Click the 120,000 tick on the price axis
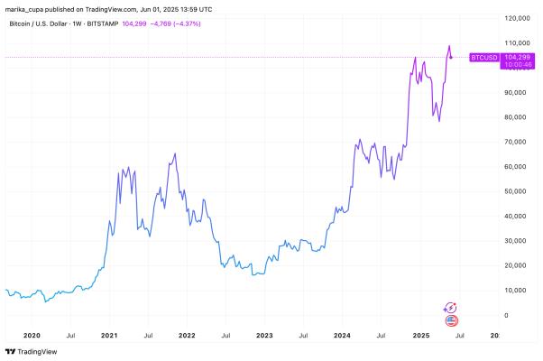[517, 18]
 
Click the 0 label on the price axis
[507, 315]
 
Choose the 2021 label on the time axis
[109, 334]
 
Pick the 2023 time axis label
[264, 334]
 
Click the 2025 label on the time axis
[419, 334]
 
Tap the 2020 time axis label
[32, 334]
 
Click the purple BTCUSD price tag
[484, 58]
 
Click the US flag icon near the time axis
[452, 319]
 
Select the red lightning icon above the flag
[452, 308]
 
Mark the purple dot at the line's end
[451, 58]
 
